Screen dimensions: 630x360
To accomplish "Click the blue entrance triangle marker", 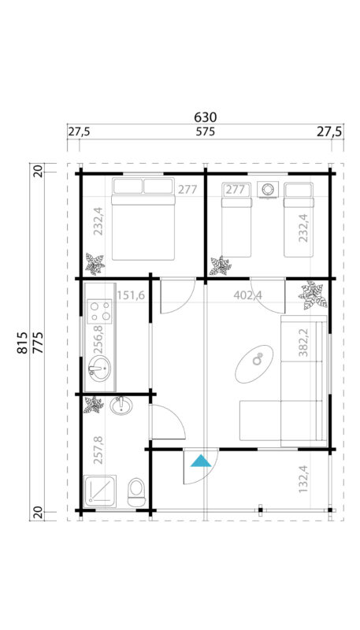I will tap(202, 460).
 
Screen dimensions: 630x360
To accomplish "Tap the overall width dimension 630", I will tap(205, 117).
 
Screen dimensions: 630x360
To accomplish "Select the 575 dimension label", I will tap(205, 132).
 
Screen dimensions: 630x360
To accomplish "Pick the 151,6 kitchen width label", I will tap(131, 295).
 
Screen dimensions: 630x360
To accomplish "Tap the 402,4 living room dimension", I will tap(248, 295).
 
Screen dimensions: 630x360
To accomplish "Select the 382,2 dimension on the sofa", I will tap(304, 343).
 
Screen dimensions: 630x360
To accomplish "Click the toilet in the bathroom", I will tap(136, 491).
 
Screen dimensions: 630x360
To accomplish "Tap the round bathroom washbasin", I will tap(121, 406).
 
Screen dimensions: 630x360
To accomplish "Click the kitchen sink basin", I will tap(98, 367).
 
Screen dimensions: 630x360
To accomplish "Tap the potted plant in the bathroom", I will tap(93, 405).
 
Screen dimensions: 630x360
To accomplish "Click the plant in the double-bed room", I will tap(95, 262).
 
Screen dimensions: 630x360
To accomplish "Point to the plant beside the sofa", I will tap(313, 296).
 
